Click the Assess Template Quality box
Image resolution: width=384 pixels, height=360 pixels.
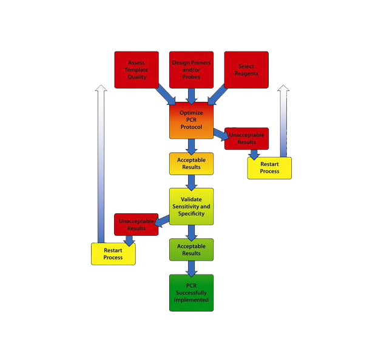[136, 70]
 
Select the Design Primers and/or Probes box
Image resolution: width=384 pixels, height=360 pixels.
[191, 70]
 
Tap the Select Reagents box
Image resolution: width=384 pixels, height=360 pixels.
[246, 70]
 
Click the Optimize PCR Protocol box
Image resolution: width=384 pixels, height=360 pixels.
[191, 121]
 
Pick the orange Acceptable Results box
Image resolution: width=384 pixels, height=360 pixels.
[191, 164]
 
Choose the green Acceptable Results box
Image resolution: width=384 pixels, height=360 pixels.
[191, 249]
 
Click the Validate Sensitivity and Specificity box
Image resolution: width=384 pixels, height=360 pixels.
[191, 206]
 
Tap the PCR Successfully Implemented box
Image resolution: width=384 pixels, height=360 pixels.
[191, 293]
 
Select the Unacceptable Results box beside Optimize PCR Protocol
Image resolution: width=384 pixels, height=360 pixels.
[246, 138]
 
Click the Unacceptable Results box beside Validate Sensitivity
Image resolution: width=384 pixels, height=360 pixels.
[136, 224]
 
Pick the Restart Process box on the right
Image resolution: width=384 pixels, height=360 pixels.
[269, 168]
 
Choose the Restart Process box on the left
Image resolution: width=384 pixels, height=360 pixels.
[113, 254]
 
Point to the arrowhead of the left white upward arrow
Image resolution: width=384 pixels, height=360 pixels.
[101, 90]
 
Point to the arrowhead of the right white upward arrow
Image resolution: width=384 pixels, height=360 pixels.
[283, 89]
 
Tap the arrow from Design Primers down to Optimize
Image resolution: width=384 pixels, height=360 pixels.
[191, 95]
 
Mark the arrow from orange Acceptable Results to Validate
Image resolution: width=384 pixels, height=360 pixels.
[191, 182]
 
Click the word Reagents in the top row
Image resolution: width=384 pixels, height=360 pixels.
[246, 74]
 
